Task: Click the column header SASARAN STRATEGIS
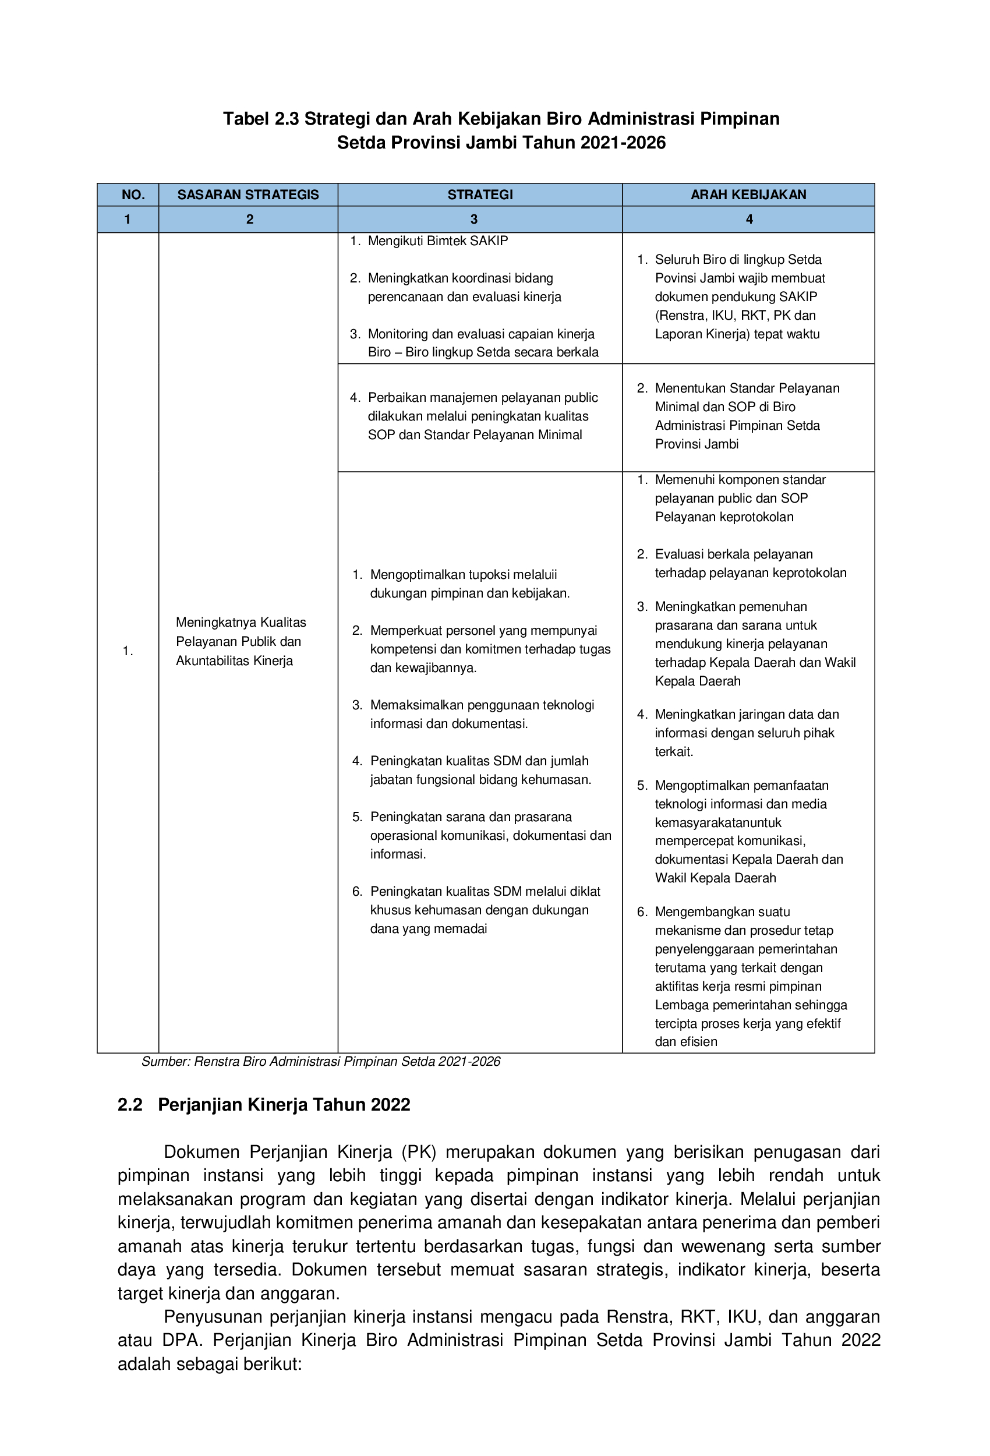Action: point(248,195)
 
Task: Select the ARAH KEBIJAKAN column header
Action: point(748,195)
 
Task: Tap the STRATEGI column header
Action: point(480,195)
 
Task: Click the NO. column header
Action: point(133,195)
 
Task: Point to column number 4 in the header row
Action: point(749,220)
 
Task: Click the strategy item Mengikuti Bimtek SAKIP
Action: point(437,241)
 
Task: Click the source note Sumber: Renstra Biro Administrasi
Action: point(320,1061)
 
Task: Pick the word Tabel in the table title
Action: point(246,119)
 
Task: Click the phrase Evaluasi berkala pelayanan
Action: point(733,554)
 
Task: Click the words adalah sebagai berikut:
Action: point(210,1364)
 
